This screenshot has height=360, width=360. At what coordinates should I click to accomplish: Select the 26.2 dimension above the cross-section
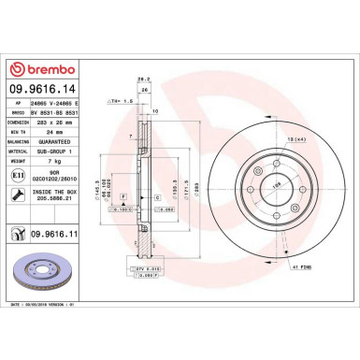tap(143, 79)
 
